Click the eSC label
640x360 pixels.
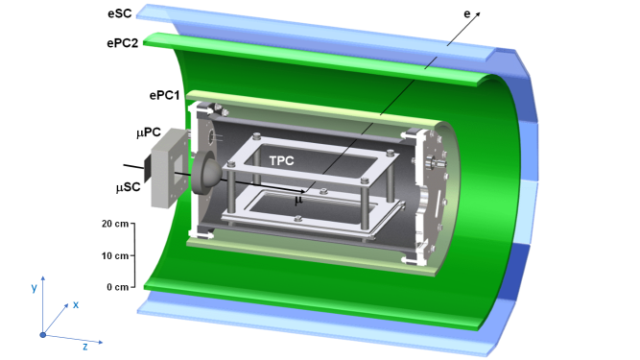(x=120, y=13)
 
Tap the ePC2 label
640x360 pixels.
(x=123, y=43)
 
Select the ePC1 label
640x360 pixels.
(x=164, y=95)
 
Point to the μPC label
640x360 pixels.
(x=149, y=132)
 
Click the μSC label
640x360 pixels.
(x=129, y=187)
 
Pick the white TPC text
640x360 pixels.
(x=282, y=161)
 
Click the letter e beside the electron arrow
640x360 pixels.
(x=467, y=14)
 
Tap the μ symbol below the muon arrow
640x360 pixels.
(x=298, y=200)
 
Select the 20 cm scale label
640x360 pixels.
(x=115, y=224)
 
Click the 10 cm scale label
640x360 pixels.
(x=115, y=256)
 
